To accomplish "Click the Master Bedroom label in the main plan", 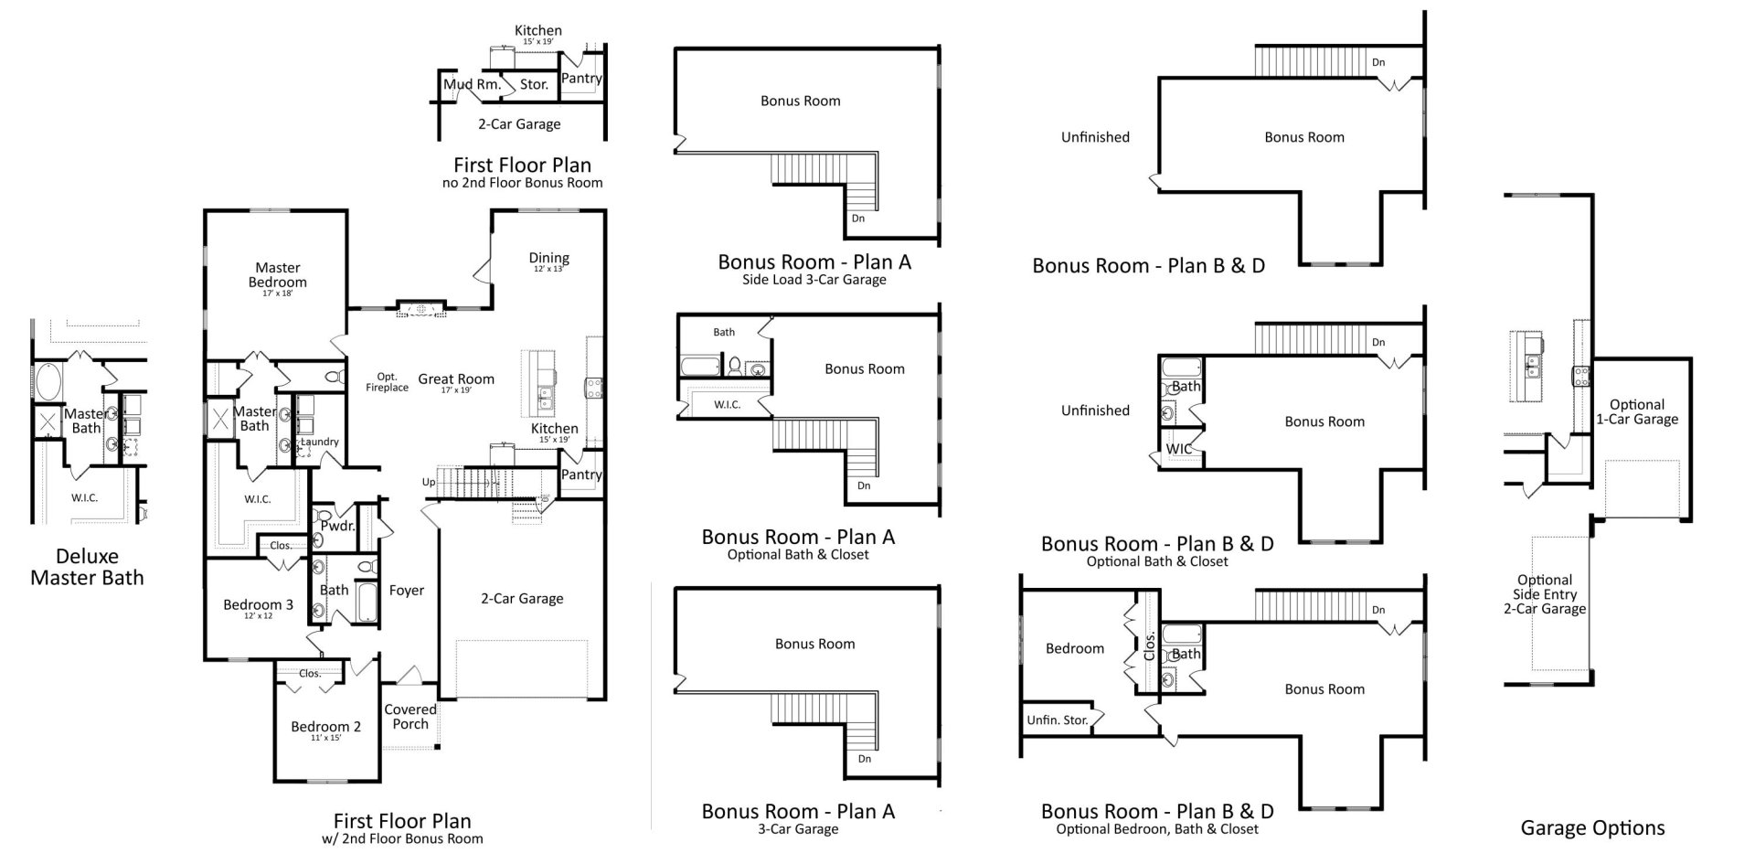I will click(x=277, y=275).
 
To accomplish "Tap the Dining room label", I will click(x=548, y=259).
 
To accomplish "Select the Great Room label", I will click(x=456, y=379).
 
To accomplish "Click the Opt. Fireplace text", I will click(x=388, y=382).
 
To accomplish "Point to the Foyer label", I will click(x=406, y=591).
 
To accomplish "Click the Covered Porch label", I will click(x=410, y=717).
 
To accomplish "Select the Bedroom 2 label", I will click(x=325, y=728).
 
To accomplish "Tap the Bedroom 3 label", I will click(x=258, y=605).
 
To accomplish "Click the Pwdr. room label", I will click(x=337, y=527).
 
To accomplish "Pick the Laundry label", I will click(x=320, y=442).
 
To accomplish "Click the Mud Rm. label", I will click(x=472, y=84).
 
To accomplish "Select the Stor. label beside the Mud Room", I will click(x=534, y=84).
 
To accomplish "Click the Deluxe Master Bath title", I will click(x=87, y=567).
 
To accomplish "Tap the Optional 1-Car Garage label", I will click(x=1636, y=412).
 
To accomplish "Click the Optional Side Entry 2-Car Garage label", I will click(x=1545, y=594).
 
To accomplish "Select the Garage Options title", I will click(x=1592, y=828).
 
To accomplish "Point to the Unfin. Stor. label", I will click(x=1057, y=720).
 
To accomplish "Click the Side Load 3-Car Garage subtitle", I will click(x=814, y=280).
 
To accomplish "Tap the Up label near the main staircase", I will click(x=428, y=483).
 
